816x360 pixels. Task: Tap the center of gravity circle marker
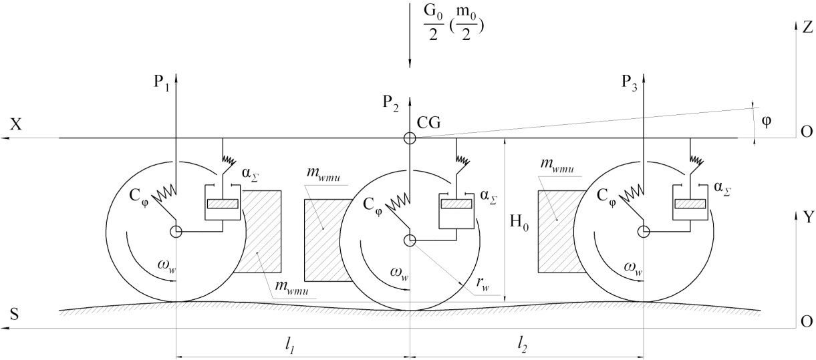410,139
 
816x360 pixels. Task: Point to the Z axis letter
807,27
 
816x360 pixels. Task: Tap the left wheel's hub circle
176,232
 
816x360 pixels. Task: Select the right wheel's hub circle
643,231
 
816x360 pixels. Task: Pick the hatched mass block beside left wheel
261,232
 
